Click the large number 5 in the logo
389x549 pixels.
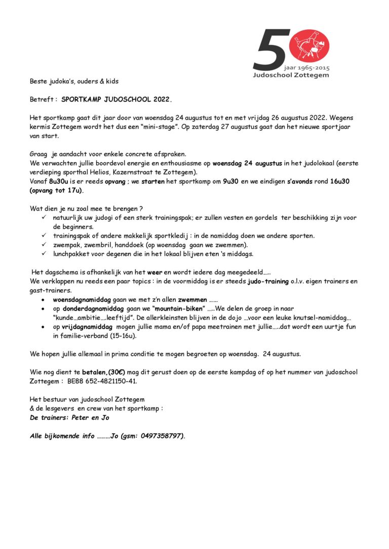270,50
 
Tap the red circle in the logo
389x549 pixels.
309,46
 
